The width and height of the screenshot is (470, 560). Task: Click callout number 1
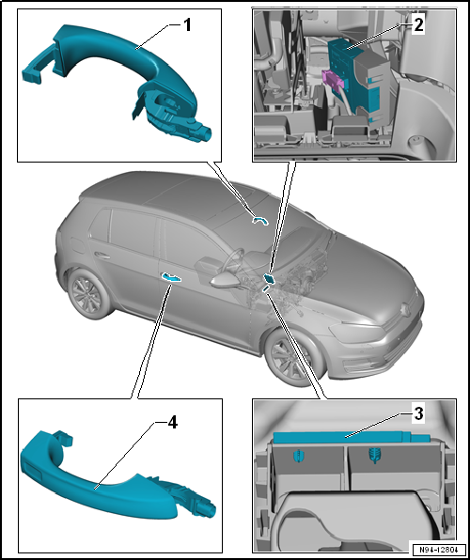pos(187,25)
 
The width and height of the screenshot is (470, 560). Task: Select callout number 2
pos(417,25)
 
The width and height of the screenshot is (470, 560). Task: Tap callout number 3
pos(418,414)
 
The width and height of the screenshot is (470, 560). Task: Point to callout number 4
pos(172,423)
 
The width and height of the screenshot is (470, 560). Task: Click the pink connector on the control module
pos(333,79)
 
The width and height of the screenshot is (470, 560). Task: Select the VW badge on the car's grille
pos(406,307)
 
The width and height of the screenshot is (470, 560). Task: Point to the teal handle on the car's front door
pos(171,277)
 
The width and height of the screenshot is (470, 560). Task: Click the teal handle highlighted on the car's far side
pos(261,221)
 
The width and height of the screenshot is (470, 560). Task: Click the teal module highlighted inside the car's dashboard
pos(269,279)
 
